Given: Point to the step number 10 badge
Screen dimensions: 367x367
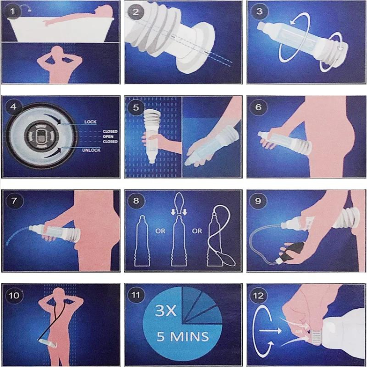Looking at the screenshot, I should click(14, 295).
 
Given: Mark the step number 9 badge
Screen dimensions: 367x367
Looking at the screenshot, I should click(259, 201).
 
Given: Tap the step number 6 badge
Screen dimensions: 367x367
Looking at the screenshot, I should click(259, 107).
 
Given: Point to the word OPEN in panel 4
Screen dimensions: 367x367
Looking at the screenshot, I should click(109, 136).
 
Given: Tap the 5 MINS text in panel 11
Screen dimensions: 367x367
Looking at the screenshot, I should click(182, 337).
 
